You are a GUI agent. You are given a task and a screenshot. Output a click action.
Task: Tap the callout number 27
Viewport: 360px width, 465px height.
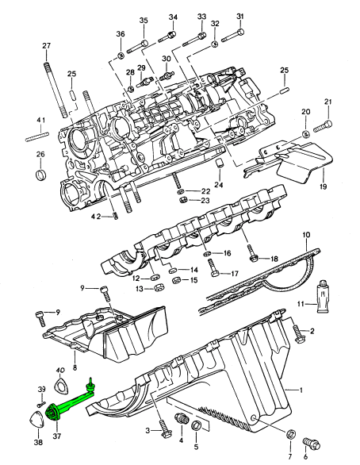[x=47, y=46]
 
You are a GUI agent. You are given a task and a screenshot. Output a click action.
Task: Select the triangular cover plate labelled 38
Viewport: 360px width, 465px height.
[x=37, y=419]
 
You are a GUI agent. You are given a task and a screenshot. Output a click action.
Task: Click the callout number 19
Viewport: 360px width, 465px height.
[x=323, y=186]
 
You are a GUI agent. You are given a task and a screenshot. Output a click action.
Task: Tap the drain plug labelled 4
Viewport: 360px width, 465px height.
[x=181, y=419]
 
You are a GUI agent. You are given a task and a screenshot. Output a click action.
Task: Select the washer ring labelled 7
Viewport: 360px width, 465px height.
[x=291, y=434]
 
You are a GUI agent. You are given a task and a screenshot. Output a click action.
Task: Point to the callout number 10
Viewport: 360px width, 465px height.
[x=306, y=235]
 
